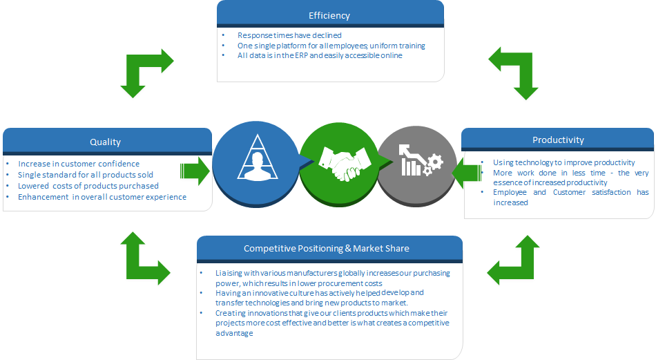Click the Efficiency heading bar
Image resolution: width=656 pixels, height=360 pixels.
coord(329,15)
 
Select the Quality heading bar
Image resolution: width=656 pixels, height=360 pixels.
coord(106,142)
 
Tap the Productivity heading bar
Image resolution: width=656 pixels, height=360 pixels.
coord(558,140)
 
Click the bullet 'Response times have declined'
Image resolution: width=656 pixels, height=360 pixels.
coord(289,35)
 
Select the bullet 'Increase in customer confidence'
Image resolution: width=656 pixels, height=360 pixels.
coord(79,164)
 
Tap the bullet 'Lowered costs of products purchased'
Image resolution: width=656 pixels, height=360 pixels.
coord(88,186)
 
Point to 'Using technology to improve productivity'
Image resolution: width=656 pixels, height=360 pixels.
coord(563,162)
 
